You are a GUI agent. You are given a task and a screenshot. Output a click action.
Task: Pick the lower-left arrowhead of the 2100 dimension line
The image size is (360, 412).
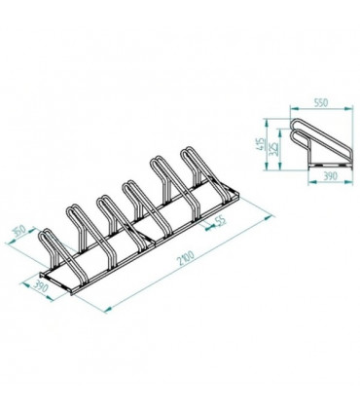tap(105, 310)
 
